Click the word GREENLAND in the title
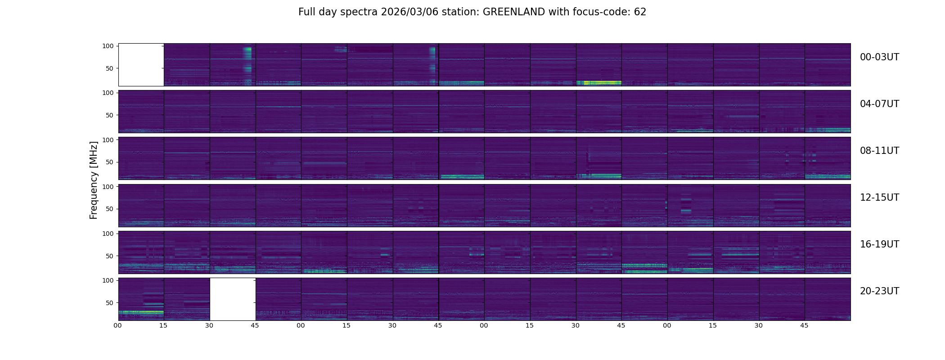click(514, 12)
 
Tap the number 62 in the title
click(640, 12)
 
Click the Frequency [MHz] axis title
click(94, 180)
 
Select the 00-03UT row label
click(879, 57)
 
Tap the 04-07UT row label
click(879, 104)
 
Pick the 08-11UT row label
click(879, 151)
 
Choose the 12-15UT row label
click(879, 198)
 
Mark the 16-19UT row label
click(879, 244)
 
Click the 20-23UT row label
click(879, 291)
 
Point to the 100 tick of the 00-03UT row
click(108, 46)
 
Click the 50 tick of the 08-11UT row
click(110, 162)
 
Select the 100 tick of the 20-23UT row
click(108, 280)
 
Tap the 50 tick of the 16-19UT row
click(110, 256)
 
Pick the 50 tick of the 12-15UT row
click(110, 209)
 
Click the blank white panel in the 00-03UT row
click(141, 64)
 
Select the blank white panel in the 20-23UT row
click(233, 299)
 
